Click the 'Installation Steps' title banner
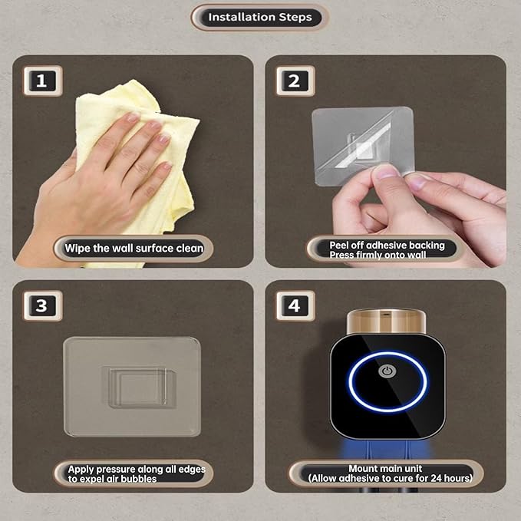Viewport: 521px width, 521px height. [259, 18]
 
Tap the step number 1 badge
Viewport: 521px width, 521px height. [42, 81]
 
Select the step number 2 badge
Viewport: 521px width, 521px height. [295, 81]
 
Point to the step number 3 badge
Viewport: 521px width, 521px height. [42, 305]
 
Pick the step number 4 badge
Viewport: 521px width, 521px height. [295, 305]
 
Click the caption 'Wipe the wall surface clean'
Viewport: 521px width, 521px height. [134, 248]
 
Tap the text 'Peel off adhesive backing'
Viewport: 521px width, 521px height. [387, 246]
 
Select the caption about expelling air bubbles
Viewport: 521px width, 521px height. [137, 474]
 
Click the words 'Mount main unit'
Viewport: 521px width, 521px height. [385, 469]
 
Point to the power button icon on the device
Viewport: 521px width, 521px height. [387, 371]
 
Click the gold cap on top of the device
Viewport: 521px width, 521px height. [386, 322]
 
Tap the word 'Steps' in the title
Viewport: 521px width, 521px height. [295, 18]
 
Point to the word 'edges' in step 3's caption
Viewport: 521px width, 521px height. [192, 470]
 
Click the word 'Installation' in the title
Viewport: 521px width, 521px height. [242, 17]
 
